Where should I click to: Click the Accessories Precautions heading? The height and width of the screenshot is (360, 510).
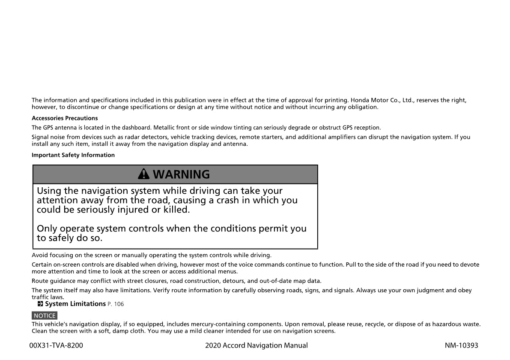(x=65, y=118)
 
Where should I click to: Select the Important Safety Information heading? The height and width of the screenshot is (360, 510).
(x=73, y=155)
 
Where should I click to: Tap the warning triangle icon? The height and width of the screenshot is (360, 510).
(x=144, y=174)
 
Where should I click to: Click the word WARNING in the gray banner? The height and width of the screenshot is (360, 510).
(x=181, y=174)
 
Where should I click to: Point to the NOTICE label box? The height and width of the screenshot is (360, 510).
(x=45, y=316)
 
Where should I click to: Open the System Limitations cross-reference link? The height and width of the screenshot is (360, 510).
(x=75, y=304)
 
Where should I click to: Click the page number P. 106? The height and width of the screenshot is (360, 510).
(x=116, y=304)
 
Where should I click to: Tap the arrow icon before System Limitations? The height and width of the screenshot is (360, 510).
(x=40, y=304)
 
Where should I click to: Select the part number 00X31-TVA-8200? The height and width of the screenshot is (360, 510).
(x=56, y=345)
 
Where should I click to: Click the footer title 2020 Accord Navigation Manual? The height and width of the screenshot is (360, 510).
(x=256, y=345)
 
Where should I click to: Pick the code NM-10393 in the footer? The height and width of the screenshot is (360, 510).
(x=461, y=345)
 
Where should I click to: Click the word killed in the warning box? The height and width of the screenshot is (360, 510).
(x=175, y=210)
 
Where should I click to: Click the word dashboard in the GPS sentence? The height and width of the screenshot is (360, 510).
(x=135, y=128)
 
